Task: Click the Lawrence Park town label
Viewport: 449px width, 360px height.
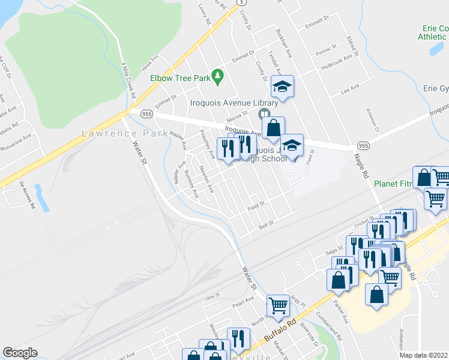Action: click(125, 133)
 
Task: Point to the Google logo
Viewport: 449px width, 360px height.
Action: click(20, 352)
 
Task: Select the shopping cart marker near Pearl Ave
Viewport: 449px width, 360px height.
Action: click(279, 306)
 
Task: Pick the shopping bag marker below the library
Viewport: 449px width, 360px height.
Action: click(273, 128)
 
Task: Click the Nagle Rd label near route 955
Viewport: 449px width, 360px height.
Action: click(364, 164)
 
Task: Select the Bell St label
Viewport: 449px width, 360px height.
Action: click(266, 223)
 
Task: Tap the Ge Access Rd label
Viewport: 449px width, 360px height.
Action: click(27, 195)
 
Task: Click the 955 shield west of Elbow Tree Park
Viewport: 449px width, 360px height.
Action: click(146, 113)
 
